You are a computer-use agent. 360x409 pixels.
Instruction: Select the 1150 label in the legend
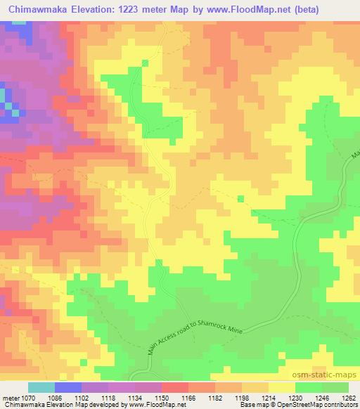click(x=161, y=398)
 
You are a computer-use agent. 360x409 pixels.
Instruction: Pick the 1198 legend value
click(x=241, y=398)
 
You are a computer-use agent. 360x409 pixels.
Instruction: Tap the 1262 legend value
click(x=347, y=398)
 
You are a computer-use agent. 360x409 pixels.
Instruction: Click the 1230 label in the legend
click(x=295, y=398)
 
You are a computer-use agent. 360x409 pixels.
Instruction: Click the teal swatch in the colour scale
click(x=41, y=387)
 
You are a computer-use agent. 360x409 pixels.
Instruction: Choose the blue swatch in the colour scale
click(x=68, y=387)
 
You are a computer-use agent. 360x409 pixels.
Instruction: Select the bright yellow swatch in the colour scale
click(x=281, y=387)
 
